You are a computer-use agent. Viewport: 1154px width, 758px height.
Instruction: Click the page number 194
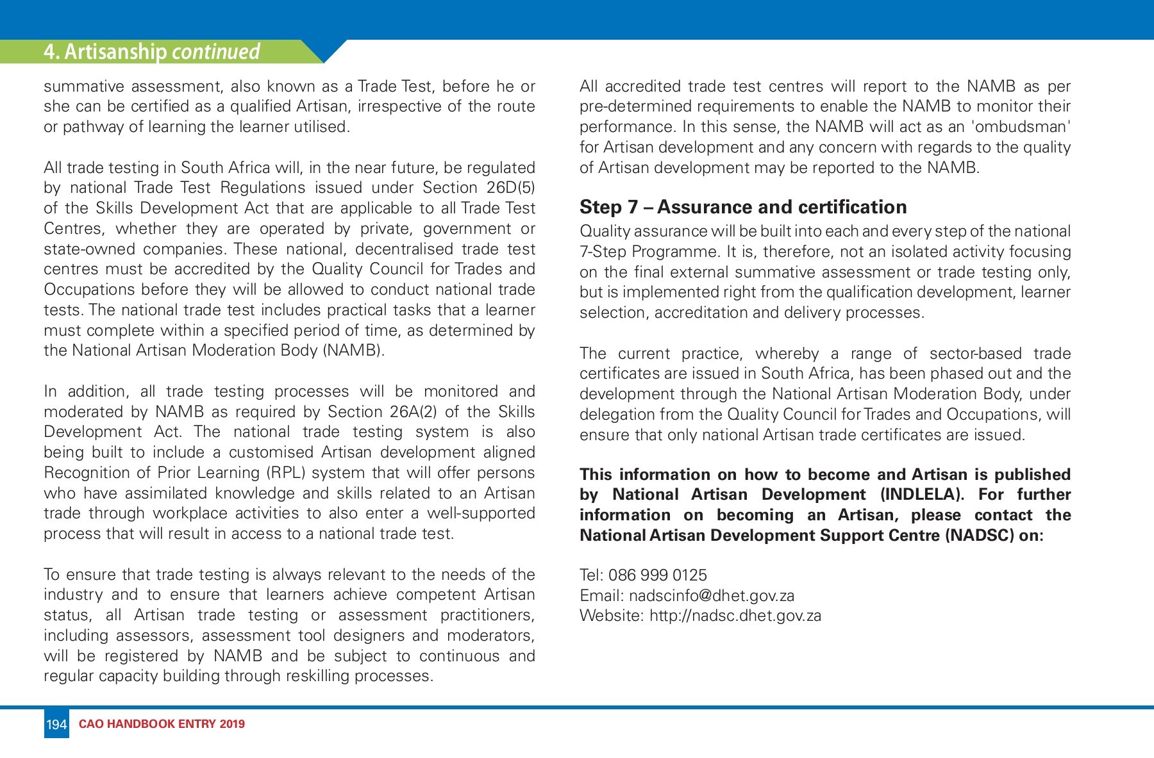[x=56, y=725]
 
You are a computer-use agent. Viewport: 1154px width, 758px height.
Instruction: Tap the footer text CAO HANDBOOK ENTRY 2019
[x=161, y=725]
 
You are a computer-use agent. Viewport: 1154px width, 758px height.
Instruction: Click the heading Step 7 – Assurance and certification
[x=743, y=207]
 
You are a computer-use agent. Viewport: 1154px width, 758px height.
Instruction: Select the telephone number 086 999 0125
[x=657, y=575]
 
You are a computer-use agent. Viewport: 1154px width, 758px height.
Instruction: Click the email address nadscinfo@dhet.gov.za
[x=711, y=595]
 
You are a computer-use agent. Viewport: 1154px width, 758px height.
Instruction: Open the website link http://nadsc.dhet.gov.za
[x=735, y=616]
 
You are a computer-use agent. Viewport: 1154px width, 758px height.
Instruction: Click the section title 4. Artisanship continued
[x=151, y=52]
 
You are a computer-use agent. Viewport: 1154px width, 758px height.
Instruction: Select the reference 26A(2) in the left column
[x=414, y=411]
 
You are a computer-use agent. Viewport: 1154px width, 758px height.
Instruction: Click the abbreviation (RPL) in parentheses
[x=281, y=473]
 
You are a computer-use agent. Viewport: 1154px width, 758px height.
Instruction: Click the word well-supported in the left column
[x=482, y=513]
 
